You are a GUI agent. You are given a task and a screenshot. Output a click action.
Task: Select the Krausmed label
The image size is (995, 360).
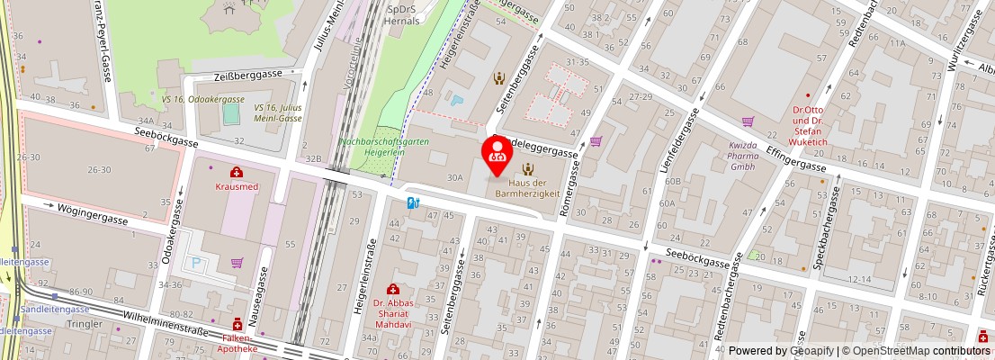point(236,186)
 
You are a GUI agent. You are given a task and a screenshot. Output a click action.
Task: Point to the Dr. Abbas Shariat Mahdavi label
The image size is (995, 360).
point(392,314)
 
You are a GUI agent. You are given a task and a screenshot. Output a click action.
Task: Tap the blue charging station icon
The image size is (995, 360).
point(413,203)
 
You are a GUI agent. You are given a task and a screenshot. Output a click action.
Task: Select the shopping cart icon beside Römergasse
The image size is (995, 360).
point(596,140)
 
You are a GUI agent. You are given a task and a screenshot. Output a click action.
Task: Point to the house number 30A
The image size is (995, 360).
point(454,177)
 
